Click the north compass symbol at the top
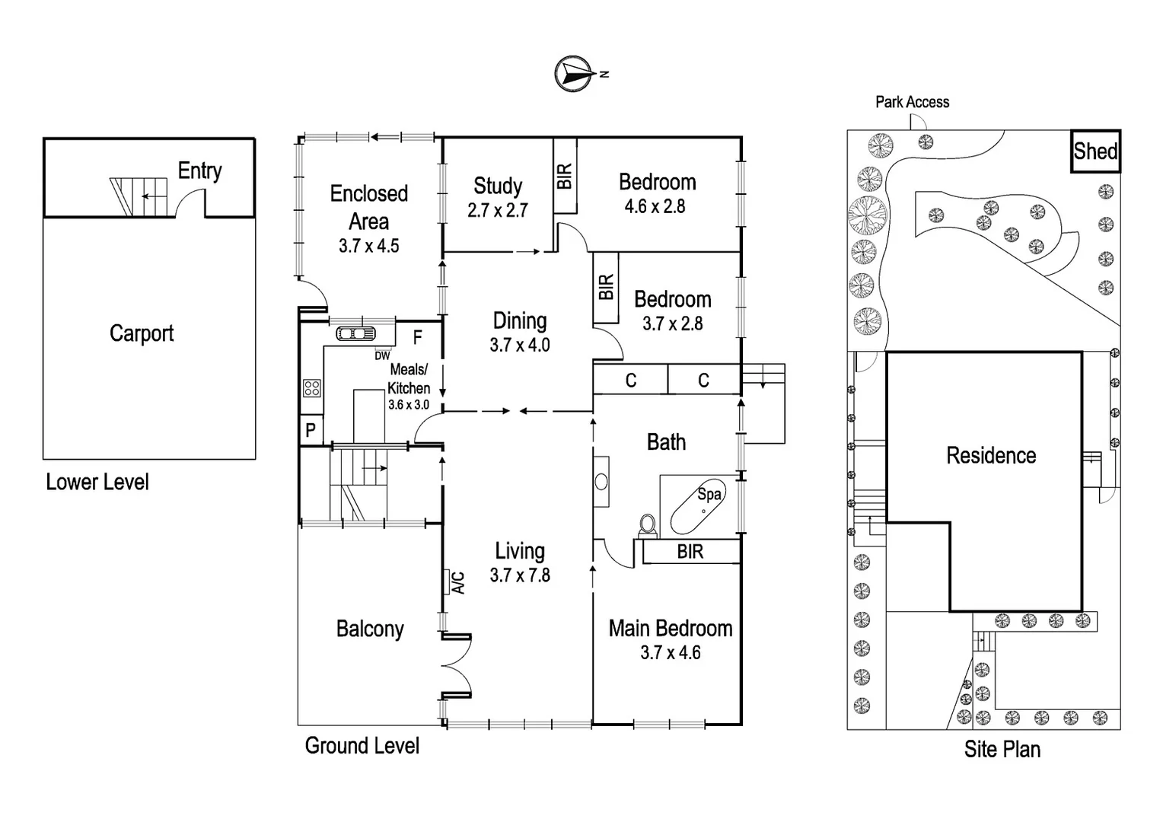[575, 74]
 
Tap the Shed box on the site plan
[1095, 151]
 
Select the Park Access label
[912, 102]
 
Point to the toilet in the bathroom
[648, 524]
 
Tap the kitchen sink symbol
[355, 333]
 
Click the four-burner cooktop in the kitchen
[311, 388]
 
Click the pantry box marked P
[311, 430]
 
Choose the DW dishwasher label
[382, 355]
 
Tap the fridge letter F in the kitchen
[417, 336]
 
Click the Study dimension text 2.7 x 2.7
[498, 211]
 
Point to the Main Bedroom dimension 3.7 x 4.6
[670, 652]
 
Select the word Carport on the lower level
[142, 333]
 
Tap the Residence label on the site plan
[991, 455]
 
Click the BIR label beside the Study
[564, 176]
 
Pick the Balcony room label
[370, 629]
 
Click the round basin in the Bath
[601, 481]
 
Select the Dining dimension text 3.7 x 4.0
[520, 345]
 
